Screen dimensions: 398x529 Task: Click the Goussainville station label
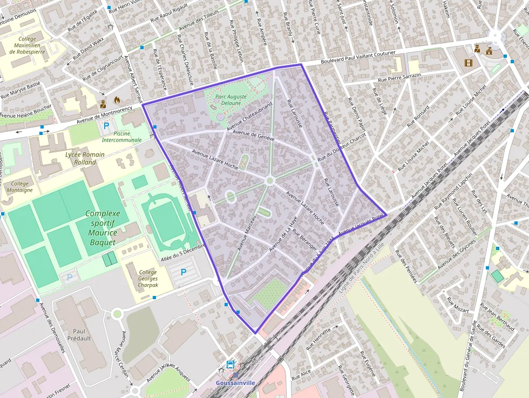[235, 383]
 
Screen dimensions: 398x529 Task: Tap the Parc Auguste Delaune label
[231, 99]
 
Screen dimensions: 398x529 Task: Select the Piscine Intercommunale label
[121, 136]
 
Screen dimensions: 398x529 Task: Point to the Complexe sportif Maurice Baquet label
[101, 228]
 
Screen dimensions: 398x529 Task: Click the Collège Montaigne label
[19, 187]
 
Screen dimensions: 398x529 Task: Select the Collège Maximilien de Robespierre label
[35, 46]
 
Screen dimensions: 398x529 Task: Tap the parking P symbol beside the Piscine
[106, 126]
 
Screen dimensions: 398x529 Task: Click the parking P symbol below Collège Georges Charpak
[184, 272]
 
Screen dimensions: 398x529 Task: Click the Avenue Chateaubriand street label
[250, 116]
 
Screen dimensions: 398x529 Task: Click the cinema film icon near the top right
[468, 63]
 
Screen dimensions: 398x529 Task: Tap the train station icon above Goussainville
[230, 365]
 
